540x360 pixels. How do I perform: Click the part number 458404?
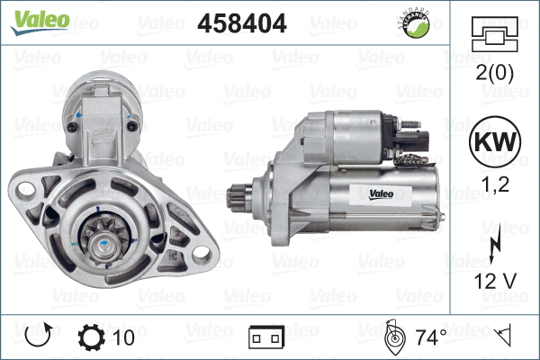click(x=242, y=23)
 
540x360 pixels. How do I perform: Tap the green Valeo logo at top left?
click(x=40, y=22)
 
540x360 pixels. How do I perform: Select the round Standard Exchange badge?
click(x=417, y=24)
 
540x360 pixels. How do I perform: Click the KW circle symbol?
click(x=495, y=141)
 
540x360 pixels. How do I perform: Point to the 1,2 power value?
click(x=495, y=184)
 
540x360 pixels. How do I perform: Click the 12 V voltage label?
click(x=495, y=281)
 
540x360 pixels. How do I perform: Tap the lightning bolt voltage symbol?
click(x=495, y=243)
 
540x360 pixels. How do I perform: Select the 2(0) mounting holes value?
click(x=495, y=73)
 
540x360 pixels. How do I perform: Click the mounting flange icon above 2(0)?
click(x=495, y=34)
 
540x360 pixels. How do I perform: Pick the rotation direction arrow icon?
click(x=39, y=335)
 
